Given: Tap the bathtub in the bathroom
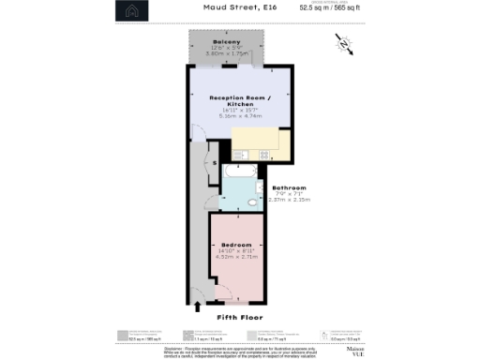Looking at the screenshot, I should pyautogui.click(x=241, y=172).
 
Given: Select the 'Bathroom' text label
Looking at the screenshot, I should pyautogui.click(x=289, y=187).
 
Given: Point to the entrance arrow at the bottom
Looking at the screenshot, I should pyautogui.click(x=198, y=305).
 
